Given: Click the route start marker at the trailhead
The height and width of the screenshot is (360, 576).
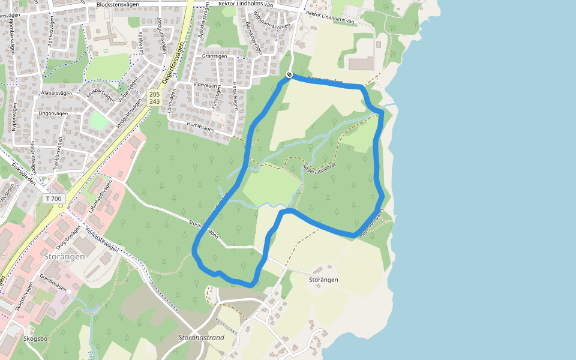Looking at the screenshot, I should tap(289, 75).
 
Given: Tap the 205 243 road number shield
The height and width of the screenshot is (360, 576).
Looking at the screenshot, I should tap(154, 98).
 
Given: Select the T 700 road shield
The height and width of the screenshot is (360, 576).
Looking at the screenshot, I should tap(53, 199).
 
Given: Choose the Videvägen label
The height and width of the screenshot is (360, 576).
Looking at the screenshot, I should tap(205, 85).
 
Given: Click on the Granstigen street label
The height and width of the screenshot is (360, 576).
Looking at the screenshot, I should tap(215, 56).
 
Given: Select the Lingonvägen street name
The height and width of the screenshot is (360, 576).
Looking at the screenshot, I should tap(54, 113).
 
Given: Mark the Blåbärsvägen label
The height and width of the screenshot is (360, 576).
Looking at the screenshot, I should tap(57, 94).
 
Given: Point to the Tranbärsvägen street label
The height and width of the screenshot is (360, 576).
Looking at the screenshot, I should tap(59, 154).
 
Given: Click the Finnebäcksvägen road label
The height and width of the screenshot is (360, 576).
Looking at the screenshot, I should tap(100, 238).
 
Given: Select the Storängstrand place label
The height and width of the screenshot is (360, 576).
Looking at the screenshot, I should tap(201, 338).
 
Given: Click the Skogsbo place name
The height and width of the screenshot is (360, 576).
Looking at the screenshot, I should tap(35, 338).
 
